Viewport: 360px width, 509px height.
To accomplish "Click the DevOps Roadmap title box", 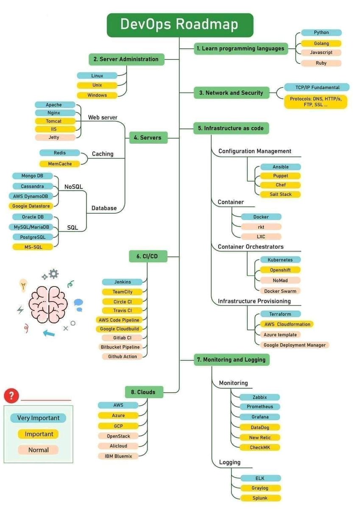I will (x=180, y=25).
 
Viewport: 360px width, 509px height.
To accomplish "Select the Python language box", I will (x=321, y=33).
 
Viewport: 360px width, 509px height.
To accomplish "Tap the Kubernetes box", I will (x=280, y=260).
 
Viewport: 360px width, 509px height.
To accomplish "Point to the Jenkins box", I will (x=123, y=282).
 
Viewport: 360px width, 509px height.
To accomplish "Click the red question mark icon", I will (x=11, y=396).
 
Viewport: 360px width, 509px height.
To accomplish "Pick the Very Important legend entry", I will (x=38, y=418).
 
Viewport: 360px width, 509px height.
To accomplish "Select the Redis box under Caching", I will (x=60, y=153).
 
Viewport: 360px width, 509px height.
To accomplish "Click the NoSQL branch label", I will (x=73, y=187).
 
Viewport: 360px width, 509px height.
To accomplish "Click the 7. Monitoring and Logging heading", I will (x=232, y=360).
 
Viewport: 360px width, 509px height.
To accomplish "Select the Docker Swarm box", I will (x=280, y=291).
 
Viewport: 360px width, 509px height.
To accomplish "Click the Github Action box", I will (x=122, y=357).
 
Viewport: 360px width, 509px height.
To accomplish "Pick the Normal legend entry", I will (x=38, y=450).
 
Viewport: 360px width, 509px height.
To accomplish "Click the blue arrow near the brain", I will (x=49, y=333).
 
